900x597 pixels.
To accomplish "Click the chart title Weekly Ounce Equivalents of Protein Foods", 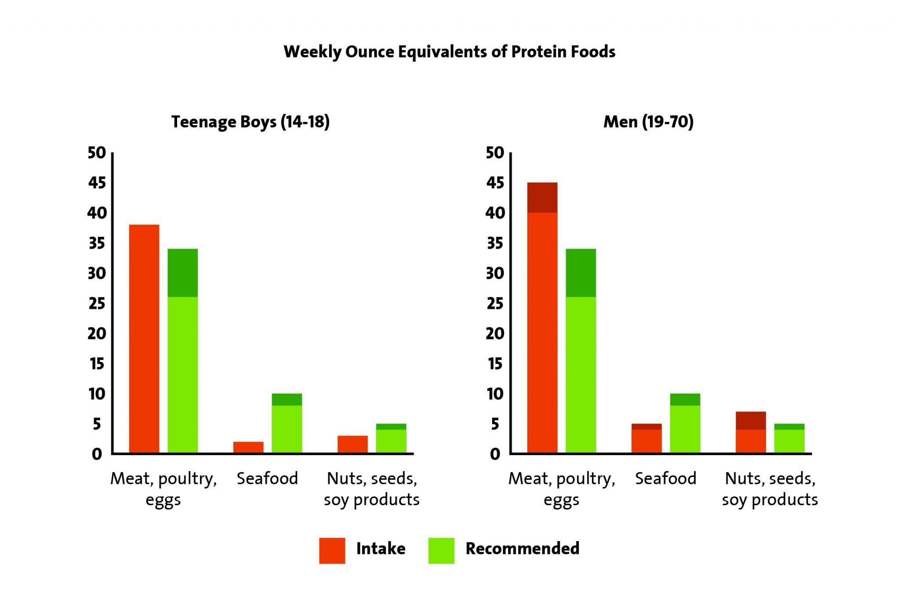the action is point(449,52).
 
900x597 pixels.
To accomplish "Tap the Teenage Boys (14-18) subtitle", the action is point(250,122).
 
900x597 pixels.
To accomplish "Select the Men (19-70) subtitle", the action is point(648,122).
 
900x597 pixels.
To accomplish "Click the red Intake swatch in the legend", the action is point(332,550).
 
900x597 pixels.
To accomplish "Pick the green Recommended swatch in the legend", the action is point(441,550).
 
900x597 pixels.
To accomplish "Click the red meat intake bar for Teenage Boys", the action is point(144,339).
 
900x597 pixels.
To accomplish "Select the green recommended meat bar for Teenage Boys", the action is point(183,351).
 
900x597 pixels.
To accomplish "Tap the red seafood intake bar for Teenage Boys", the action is point(248,447).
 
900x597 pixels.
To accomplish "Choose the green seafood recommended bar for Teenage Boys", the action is point(287,423).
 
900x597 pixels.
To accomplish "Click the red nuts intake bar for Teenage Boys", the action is point(353,444).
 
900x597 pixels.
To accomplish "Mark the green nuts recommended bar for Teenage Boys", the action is point(391,438).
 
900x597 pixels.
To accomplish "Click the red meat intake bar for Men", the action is point(542,317).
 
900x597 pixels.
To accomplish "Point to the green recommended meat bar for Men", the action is point(581,351).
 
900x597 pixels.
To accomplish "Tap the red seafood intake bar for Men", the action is point(646,438).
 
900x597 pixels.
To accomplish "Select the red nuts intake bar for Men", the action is point(751,432).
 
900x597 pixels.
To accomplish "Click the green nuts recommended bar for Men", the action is point(789,438).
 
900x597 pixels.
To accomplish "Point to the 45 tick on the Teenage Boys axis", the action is point(97,182).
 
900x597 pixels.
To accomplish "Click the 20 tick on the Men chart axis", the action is point(495,333).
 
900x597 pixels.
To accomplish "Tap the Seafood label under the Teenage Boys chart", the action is point(267,478).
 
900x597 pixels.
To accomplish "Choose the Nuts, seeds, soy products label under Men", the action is point(770,489).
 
